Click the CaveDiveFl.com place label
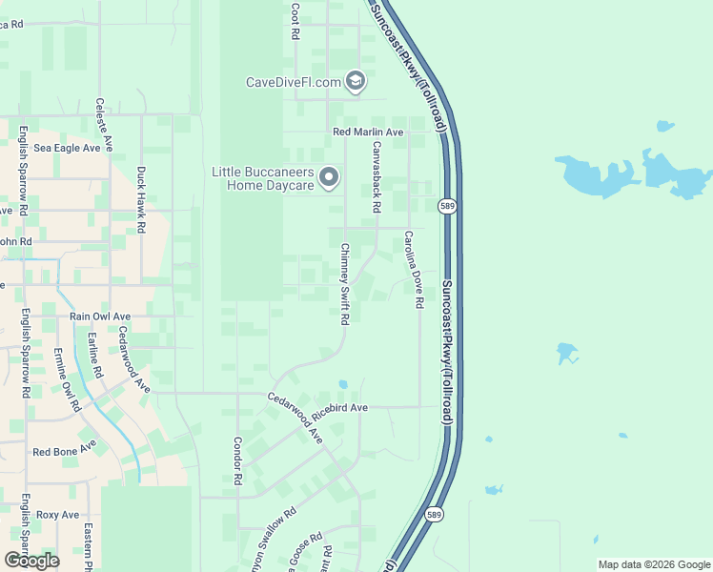[294, 82]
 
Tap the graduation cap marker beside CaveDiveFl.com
[356, 81]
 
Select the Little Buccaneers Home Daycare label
[262, 178]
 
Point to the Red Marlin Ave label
[368, 132]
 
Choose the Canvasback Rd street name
[377, 176]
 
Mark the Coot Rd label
[295, 21]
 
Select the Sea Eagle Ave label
[67, 149]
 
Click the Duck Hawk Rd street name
[141, 200]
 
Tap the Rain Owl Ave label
[100, 316]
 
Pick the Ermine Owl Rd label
[67, 380]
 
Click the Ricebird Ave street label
[345, 407]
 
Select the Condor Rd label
[238, 460]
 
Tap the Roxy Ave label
[57, 515]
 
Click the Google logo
[31, 561]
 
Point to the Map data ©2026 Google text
[653, 564]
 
